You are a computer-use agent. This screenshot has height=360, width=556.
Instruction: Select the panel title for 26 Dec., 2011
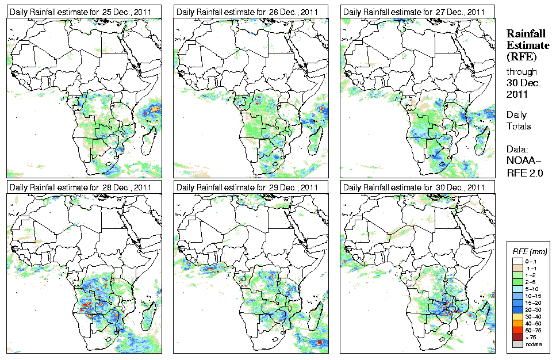pyautogui.click(x=247, y=12)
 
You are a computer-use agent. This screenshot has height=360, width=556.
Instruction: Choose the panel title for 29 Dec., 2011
pyautogui.click(x=247, y=187)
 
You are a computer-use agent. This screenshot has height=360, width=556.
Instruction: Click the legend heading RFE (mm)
pyautogui.click(x=530, y=251)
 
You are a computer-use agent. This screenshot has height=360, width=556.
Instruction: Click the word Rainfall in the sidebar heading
pyautogui.click(x=524, y=33)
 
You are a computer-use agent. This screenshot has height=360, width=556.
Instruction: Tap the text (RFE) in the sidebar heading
pyautogui.click(x=520, y=57)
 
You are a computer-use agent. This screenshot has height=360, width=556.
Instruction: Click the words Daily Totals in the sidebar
pyautogui.click(x=519, y=120)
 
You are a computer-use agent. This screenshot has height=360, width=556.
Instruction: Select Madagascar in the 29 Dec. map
pyautogui.click(x=315, y=313)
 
